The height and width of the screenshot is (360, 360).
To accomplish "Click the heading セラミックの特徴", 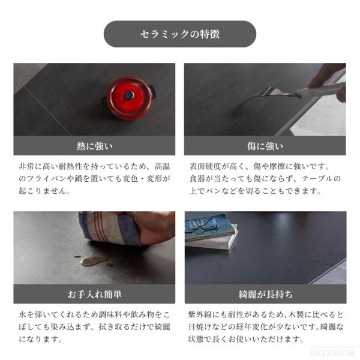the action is pyautogui.click(x=180, y=34).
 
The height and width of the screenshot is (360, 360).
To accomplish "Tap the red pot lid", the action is pyautogui.click(x=130, y=98).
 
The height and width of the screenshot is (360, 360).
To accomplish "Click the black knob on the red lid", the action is pyautogui.click(x=129, y=94).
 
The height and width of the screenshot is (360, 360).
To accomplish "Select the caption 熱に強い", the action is pyautogui.click(x=95, y=146).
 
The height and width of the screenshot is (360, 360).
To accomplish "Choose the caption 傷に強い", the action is pyautogui.click(x=265, y=146).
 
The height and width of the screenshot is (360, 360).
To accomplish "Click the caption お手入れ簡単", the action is pyautogui.click(x=94, y=294).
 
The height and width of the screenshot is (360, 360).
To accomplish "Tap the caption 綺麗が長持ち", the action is pyautogui.click(x=265, y=294).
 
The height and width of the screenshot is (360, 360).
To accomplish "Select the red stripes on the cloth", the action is pyautogui.click(x=101, y=227).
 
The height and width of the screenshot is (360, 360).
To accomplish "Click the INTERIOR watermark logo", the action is pyautogui.click(x=332, y=353).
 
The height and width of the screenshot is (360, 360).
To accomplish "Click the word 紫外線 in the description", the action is pyautogui.click(x=200, y=314).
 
